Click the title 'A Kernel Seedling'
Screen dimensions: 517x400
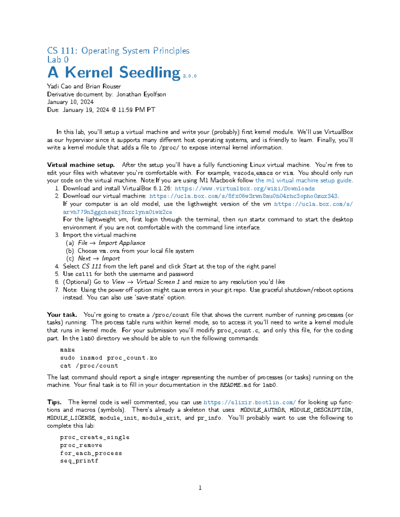tap(114, 73)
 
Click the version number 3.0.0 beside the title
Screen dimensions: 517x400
tap(190, 76)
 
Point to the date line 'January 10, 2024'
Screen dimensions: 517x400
tap(70, 102)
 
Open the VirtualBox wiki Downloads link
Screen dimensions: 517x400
tap(245, 188)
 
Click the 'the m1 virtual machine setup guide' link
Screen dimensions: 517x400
tap(303, 180)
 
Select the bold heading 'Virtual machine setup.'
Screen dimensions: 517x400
tap(81, 165)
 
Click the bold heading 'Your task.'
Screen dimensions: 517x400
tap(62, 315)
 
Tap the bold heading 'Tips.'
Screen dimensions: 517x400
tap(54, 402)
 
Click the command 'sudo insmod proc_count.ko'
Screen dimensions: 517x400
tap(108, 358)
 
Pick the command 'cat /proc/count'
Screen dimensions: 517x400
tap(89, 366)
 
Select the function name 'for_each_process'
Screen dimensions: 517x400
tap(91, 453)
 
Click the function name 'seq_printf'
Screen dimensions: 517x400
tap(79, 461)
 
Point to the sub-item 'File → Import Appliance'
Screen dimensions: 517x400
tap(111, 243)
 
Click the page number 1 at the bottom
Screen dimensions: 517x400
tap(200, 488)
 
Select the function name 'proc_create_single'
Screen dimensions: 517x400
tap(95, 437)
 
